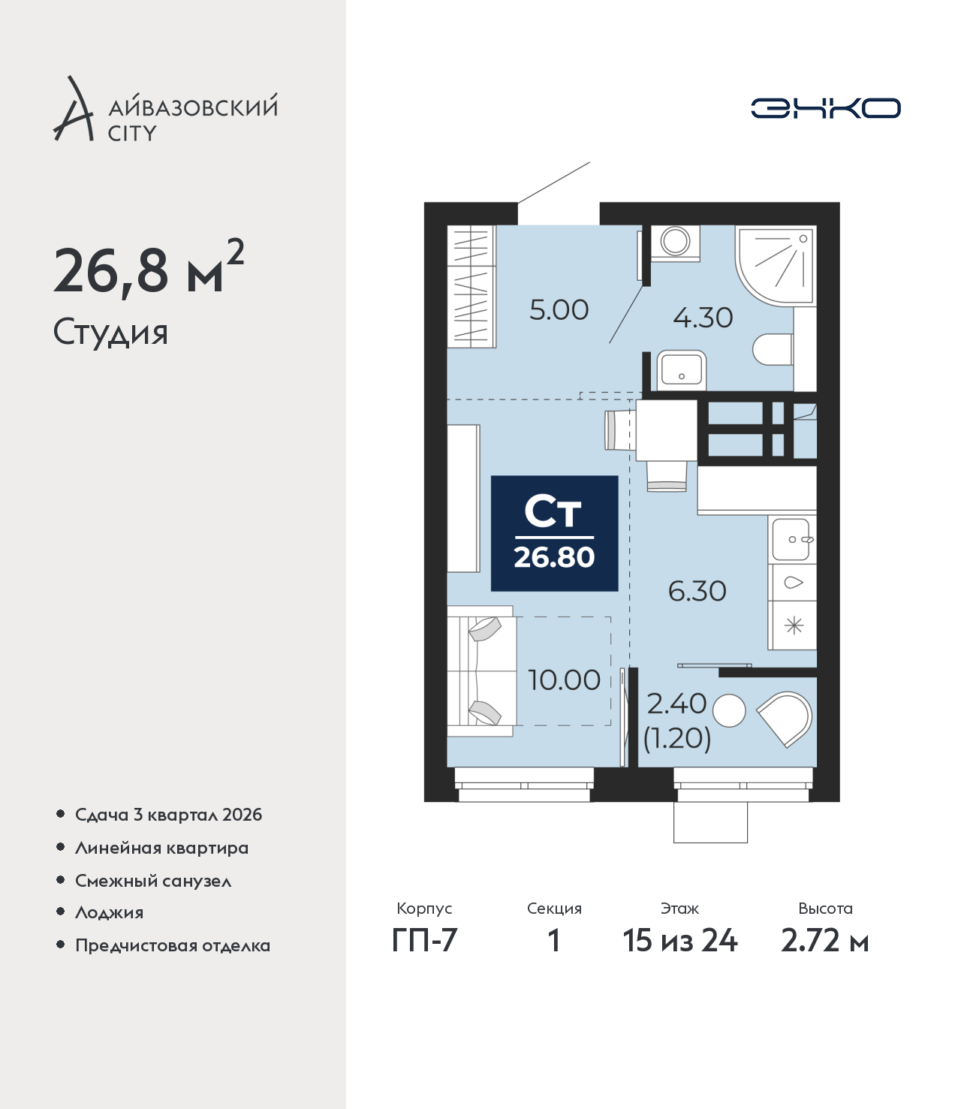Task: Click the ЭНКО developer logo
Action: pyautogui.click(x=825, y=108)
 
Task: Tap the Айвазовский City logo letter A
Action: pyautogui.click(x=74, y=109)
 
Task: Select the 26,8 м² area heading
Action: pyautogui.click(x=149, y=268)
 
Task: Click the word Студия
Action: pyautogui.click(x=110, y=332)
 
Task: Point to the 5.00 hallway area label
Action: pyautogui.click(x=559, y=310)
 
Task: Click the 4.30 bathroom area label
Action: pyautogui.click(x=703, y=318)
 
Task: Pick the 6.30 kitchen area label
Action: pyautogui.click(x=697, y=591)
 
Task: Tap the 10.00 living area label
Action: pyautogui.click(x=564, y=680)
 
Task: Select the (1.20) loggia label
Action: pyautogui.click(x=677, y=738)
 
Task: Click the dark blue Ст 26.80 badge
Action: pyautogui.click(x=554, y=533)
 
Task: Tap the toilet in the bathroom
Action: pyautogui.click(x=773, y=349)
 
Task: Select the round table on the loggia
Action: pyautogui.click(x=729, y=710)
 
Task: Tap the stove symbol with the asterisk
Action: pyautogui.click(x=793, y=625)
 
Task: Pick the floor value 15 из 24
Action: pyautogui.click(x=680, y=941)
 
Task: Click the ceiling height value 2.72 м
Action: pyautogui.click(x=824, y=941)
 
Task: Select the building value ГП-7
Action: pyautogui.click(x=424, y=941)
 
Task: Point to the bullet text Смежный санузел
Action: pyautogui.click(x=153, y=881)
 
